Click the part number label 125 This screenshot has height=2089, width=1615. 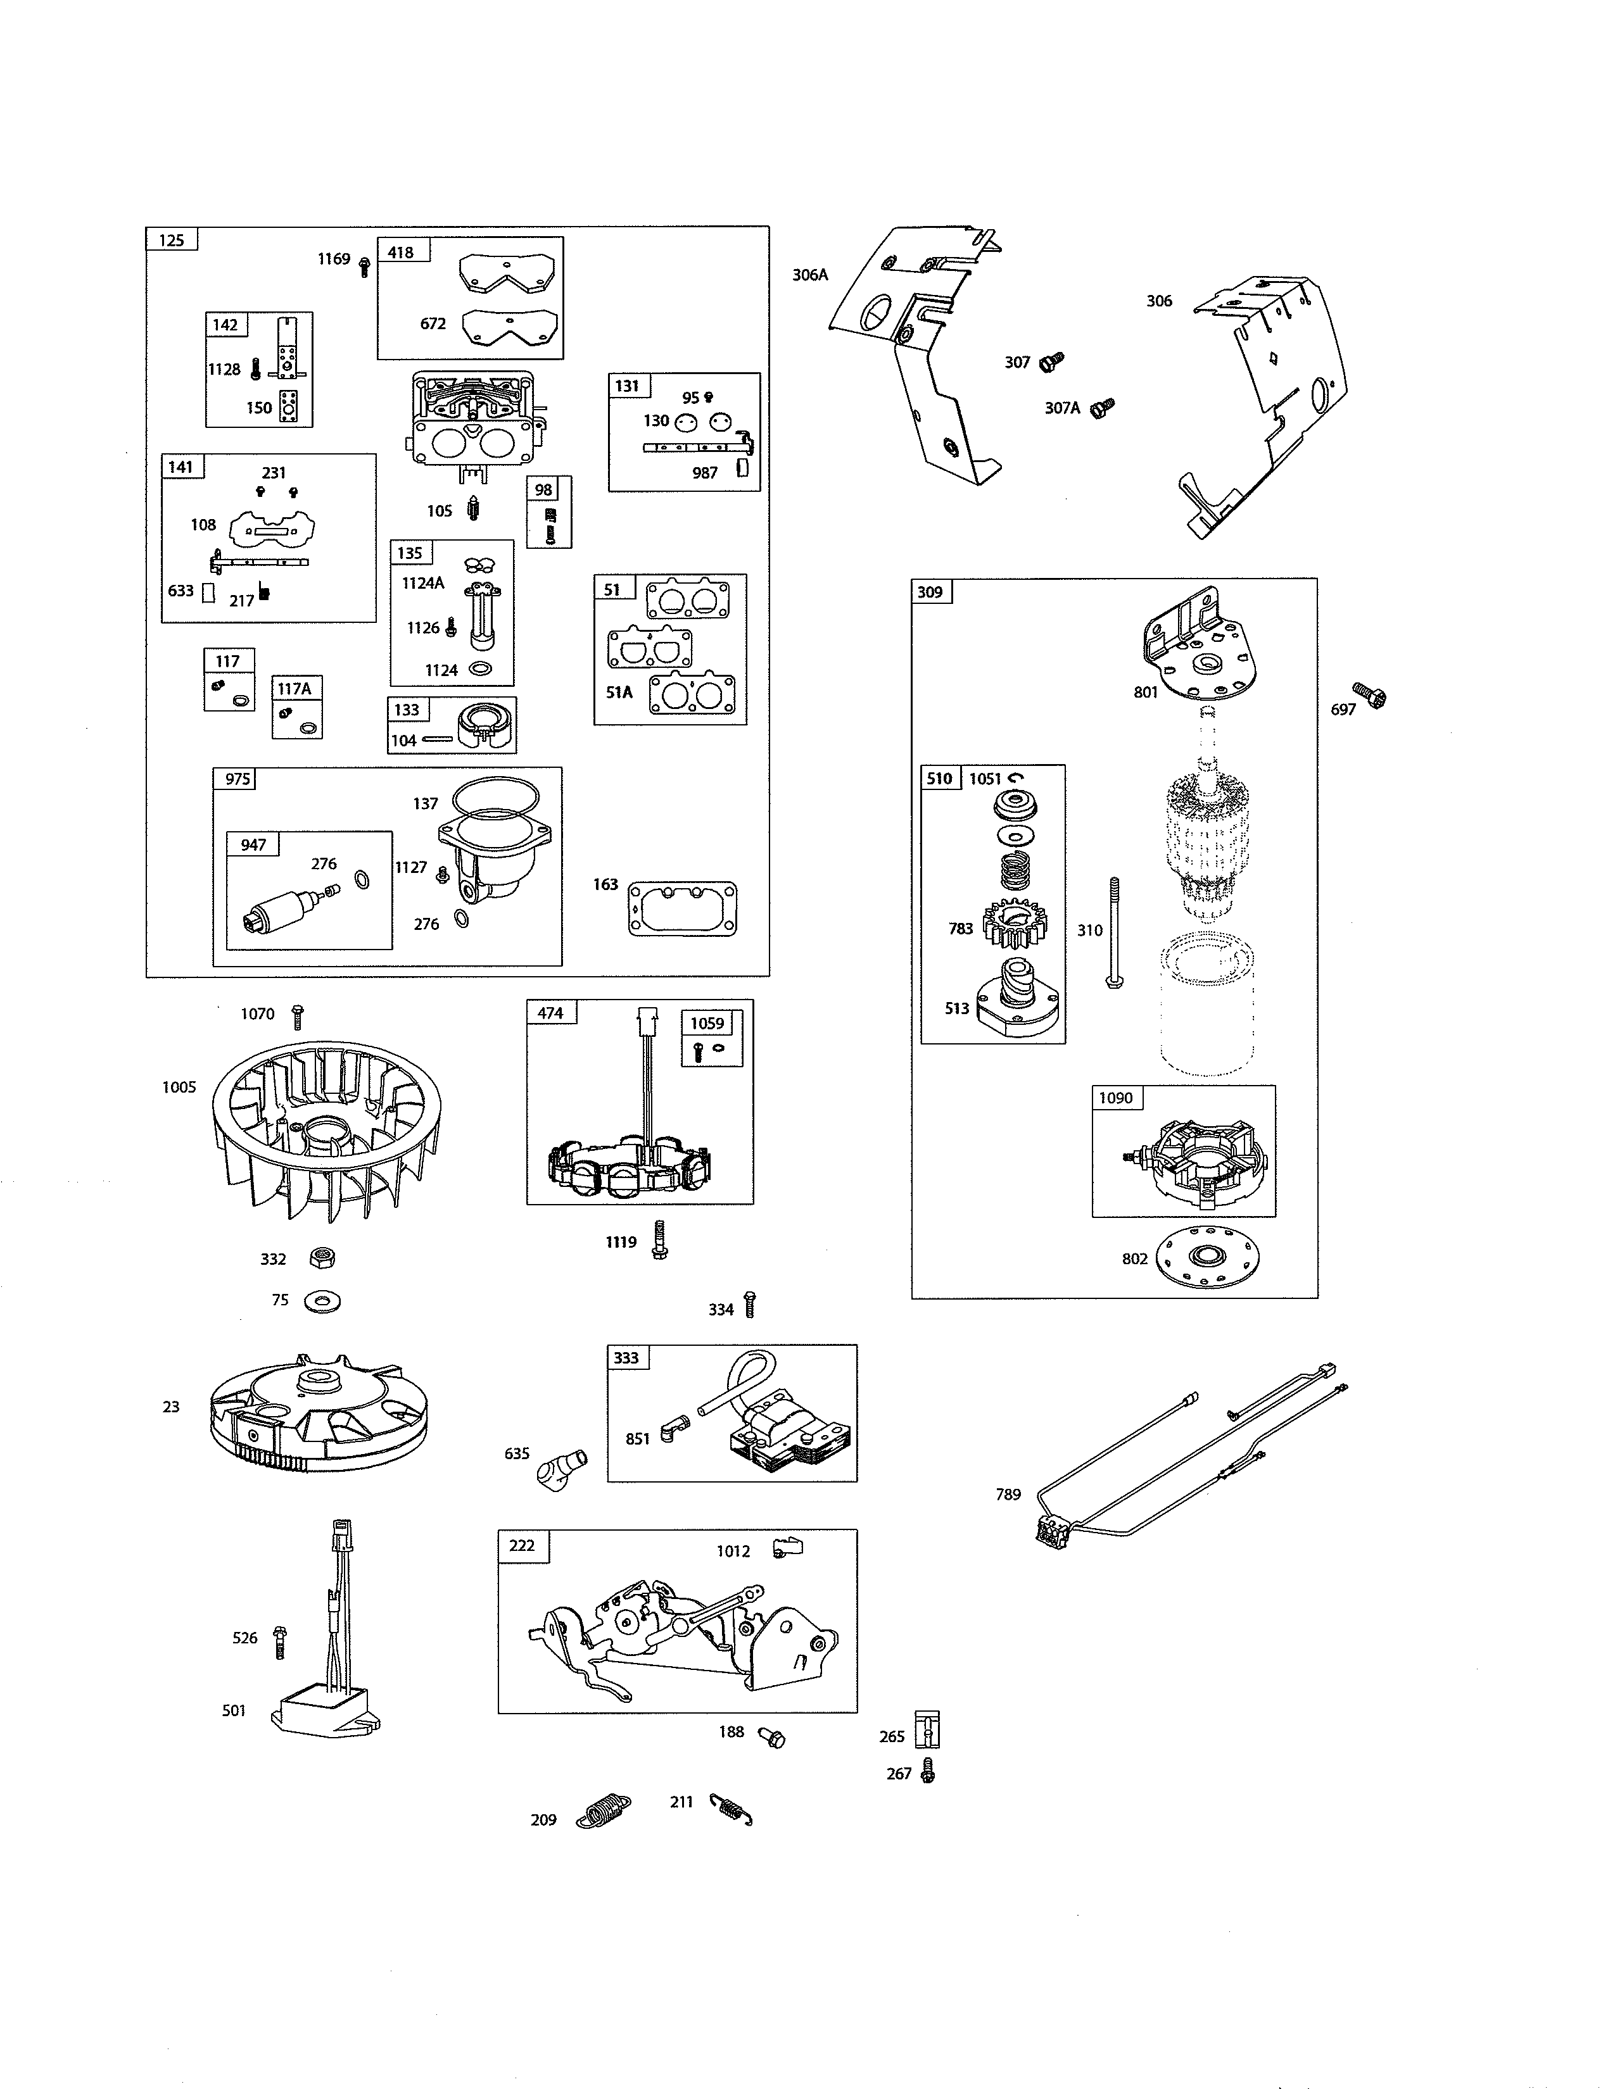(171, 240)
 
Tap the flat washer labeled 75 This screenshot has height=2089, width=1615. (322, 1301)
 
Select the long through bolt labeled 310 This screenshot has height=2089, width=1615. (1113, 932)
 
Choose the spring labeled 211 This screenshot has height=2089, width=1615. (732, 1809)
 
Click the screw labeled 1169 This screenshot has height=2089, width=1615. (364, 266)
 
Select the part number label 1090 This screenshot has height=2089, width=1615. (1115, 1098)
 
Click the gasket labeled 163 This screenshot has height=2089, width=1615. (682, 908)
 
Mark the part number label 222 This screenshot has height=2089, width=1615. (522, 1546)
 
